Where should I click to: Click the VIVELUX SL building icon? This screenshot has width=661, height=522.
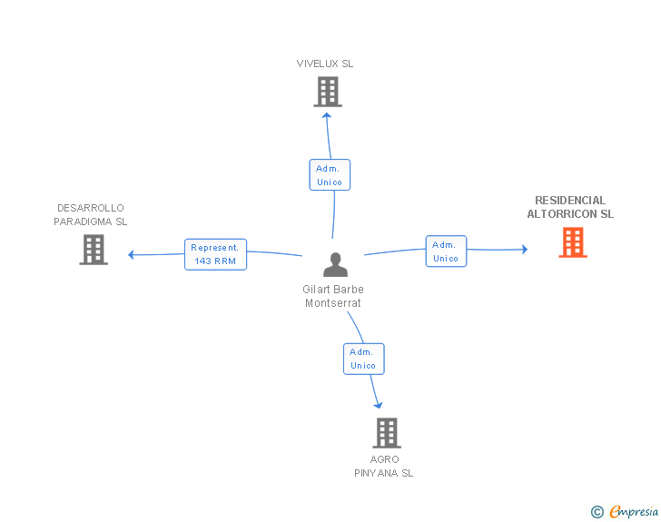328,92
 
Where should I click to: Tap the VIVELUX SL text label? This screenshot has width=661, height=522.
325,64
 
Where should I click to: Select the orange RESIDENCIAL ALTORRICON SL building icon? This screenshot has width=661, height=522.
572,242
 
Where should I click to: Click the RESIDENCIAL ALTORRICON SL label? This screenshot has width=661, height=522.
570,207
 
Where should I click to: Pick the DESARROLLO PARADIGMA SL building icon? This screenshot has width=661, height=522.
94,250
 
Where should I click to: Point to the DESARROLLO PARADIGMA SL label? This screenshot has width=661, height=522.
91,214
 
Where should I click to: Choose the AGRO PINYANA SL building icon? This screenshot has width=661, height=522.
387,433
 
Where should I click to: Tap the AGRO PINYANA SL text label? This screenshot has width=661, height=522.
384,466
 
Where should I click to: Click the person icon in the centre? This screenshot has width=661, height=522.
335,265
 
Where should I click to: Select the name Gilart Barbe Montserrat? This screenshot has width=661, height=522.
333,296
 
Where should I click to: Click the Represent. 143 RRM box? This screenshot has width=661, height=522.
215,254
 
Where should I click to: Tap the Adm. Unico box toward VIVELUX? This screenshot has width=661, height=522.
329,175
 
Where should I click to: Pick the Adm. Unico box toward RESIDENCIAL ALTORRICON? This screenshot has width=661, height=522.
445,251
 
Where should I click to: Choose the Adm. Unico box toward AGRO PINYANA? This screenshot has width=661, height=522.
363,359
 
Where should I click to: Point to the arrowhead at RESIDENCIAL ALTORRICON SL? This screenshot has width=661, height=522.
524,249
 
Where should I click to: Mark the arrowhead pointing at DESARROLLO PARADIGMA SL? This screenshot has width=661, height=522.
132,254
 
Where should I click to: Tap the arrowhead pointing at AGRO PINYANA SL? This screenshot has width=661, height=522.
378,405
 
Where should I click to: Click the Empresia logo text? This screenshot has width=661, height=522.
634,511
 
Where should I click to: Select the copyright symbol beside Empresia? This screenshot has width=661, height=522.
597,512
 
